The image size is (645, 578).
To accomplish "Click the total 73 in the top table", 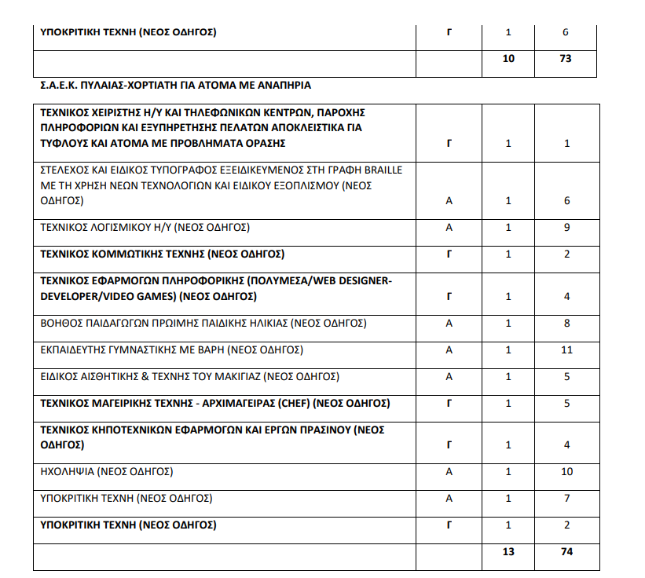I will point(566,59).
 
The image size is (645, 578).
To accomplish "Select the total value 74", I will point(566,551).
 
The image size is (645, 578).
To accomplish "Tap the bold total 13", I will point(508,551).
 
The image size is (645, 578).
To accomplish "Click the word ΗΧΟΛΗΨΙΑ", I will point(68,472).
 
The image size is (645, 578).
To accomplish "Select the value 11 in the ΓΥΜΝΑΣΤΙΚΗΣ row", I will point(566,350).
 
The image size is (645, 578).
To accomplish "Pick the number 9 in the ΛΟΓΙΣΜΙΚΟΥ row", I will point(566,228).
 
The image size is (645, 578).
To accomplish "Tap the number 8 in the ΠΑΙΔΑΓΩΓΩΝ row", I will point(566,324).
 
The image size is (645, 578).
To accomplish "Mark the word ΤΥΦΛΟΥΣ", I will point(65,143).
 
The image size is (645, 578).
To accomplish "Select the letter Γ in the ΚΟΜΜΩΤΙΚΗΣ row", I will point(449,254).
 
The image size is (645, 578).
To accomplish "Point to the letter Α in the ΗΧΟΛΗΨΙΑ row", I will point(449,472).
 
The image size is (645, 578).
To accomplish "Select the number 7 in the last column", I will point(566,499).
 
